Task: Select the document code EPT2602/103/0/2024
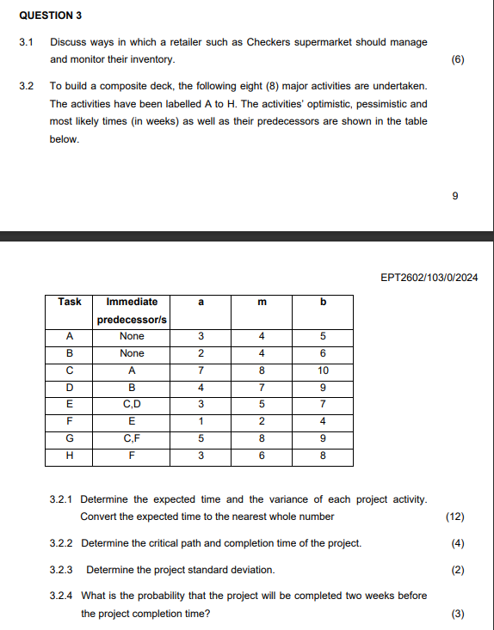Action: coord(429,278)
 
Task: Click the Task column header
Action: coord(70,302)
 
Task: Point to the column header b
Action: coord(324,302)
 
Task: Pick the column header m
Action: coord(262,302)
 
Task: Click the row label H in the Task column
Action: coord(70,456)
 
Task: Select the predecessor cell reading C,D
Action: coord(132,404)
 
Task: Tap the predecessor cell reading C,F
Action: coord(132,438)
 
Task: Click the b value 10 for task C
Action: coord(324,370)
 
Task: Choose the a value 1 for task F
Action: coord(200,421)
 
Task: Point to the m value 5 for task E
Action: coord(262,404)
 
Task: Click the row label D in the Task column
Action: coord(70,388)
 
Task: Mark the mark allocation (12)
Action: coord(455,517)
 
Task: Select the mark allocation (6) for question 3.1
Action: coord(457,59)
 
